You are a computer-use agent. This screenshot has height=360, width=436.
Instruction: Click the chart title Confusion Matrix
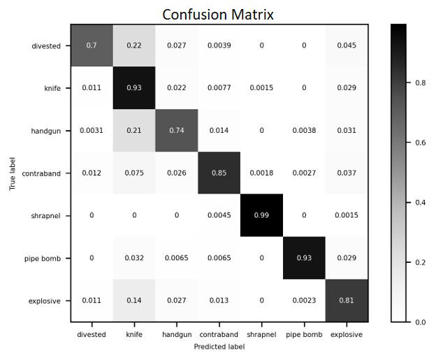[218, 15]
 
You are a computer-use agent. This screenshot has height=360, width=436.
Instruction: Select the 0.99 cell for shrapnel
[261, 215]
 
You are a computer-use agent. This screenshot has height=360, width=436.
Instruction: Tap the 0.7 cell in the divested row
[92, 45]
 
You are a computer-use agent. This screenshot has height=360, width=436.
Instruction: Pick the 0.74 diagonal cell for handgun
[177, 130]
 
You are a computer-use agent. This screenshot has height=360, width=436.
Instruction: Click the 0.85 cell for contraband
[219, 173]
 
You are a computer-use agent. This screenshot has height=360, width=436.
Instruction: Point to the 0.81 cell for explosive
[346, 301]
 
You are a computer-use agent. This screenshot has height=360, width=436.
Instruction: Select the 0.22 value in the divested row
[134, 45]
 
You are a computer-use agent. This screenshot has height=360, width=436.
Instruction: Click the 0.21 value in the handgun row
[134, 130]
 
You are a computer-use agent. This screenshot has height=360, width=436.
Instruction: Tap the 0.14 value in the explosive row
[134, 301]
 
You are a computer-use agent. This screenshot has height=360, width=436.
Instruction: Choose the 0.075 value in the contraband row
[134, 173]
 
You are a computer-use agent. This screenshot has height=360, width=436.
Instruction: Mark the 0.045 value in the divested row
[346, 45]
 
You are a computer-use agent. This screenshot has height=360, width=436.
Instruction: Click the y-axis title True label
[13, 173]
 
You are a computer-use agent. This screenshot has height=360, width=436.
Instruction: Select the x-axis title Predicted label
[219, 346]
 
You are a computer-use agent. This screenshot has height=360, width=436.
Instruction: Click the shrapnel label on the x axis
[261, 334]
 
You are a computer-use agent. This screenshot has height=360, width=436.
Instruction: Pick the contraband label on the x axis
[219, 334]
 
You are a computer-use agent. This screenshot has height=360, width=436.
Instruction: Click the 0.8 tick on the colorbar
[420, 82]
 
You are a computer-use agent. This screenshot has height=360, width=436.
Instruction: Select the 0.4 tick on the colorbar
[420, 202]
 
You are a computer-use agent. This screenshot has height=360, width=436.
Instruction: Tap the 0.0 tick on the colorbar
[420, 322]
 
